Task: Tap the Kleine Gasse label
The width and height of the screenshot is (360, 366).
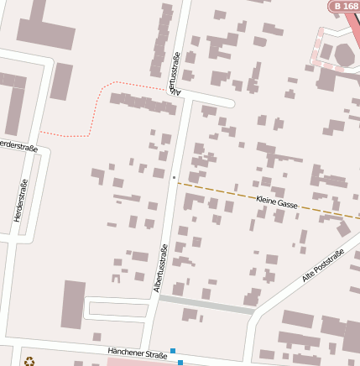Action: [277, 204]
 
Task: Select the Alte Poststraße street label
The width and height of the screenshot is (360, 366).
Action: [323, 266]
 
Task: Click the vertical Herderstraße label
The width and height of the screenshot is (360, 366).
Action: [22, 201]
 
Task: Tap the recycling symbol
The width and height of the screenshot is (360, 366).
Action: [29, 362]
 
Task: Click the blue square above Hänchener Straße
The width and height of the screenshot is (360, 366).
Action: [173, 351]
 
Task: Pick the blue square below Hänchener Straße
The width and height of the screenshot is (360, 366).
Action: [180, 363]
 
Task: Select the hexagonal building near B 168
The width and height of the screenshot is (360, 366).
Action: [344, 55]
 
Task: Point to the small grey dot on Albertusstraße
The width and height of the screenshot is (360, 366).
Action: [174, 178]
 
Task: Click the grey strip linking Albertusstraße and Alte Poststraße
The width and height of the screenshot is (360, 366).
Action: [206, 304]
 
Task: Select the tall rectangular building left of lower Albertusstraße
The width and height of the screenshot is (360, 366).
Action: [73, 304]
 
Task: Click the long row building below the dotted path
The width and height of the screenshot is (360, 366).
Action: [143, 104]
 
